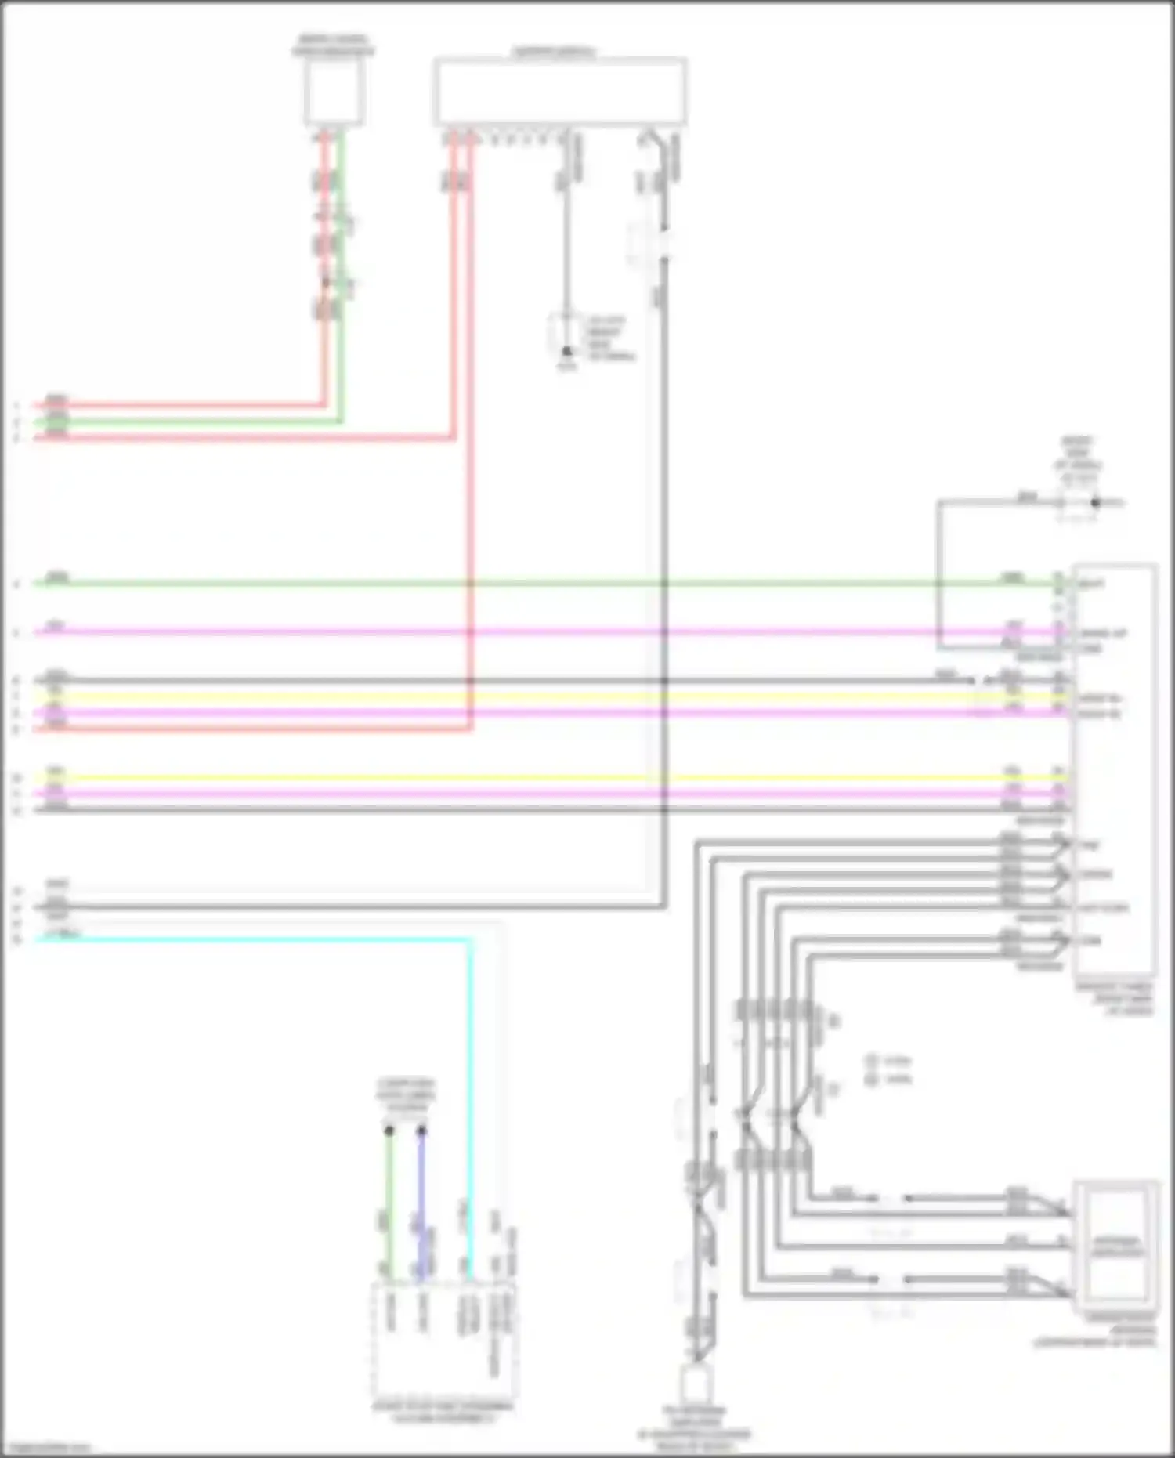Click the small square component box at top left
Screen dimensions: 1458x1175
click(x=334, y=92)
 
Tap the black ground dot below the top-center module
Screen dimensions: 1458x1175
click(x=566, y=351)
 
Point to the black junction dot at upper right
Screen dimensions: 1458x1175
click(x=1096, y=503)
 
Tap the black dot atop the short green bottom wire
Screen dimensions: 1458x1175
click(x=389, y=1131)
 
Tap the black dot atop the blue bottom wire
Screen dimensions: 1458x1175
click(x=421, y=1131)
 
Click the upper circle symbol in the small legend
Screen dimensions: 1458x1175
click(x=872, y=1062)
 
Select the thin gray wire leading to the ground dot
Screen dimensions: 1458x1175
click(x=566, y=251)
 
